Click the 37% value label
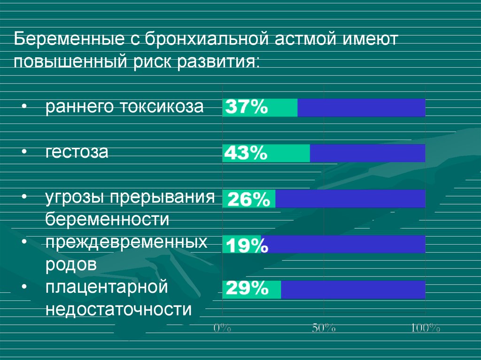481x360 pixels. (x=247, y=107)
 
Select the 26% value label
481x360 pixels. (x=248, y=199)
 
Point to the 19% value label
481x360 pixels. (x=248, y=245)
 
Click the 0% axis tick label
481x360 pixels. (x=222, y=328)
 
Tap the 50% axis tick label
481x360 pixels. (x=324, y=328)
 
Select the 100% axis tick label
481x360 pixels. (x=426, y=328)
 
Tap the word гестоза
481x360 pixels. (x=77, y=152)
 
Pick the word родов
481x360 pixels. (x=71, y=264)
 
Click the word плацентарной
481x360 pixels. (x=107, y=287)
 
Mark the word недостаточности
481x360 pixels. (x=119, y=309)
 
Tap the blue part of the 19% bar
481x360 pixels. (x=343, y=244)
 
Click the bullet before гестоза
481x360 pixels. (x=24, y=152)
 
